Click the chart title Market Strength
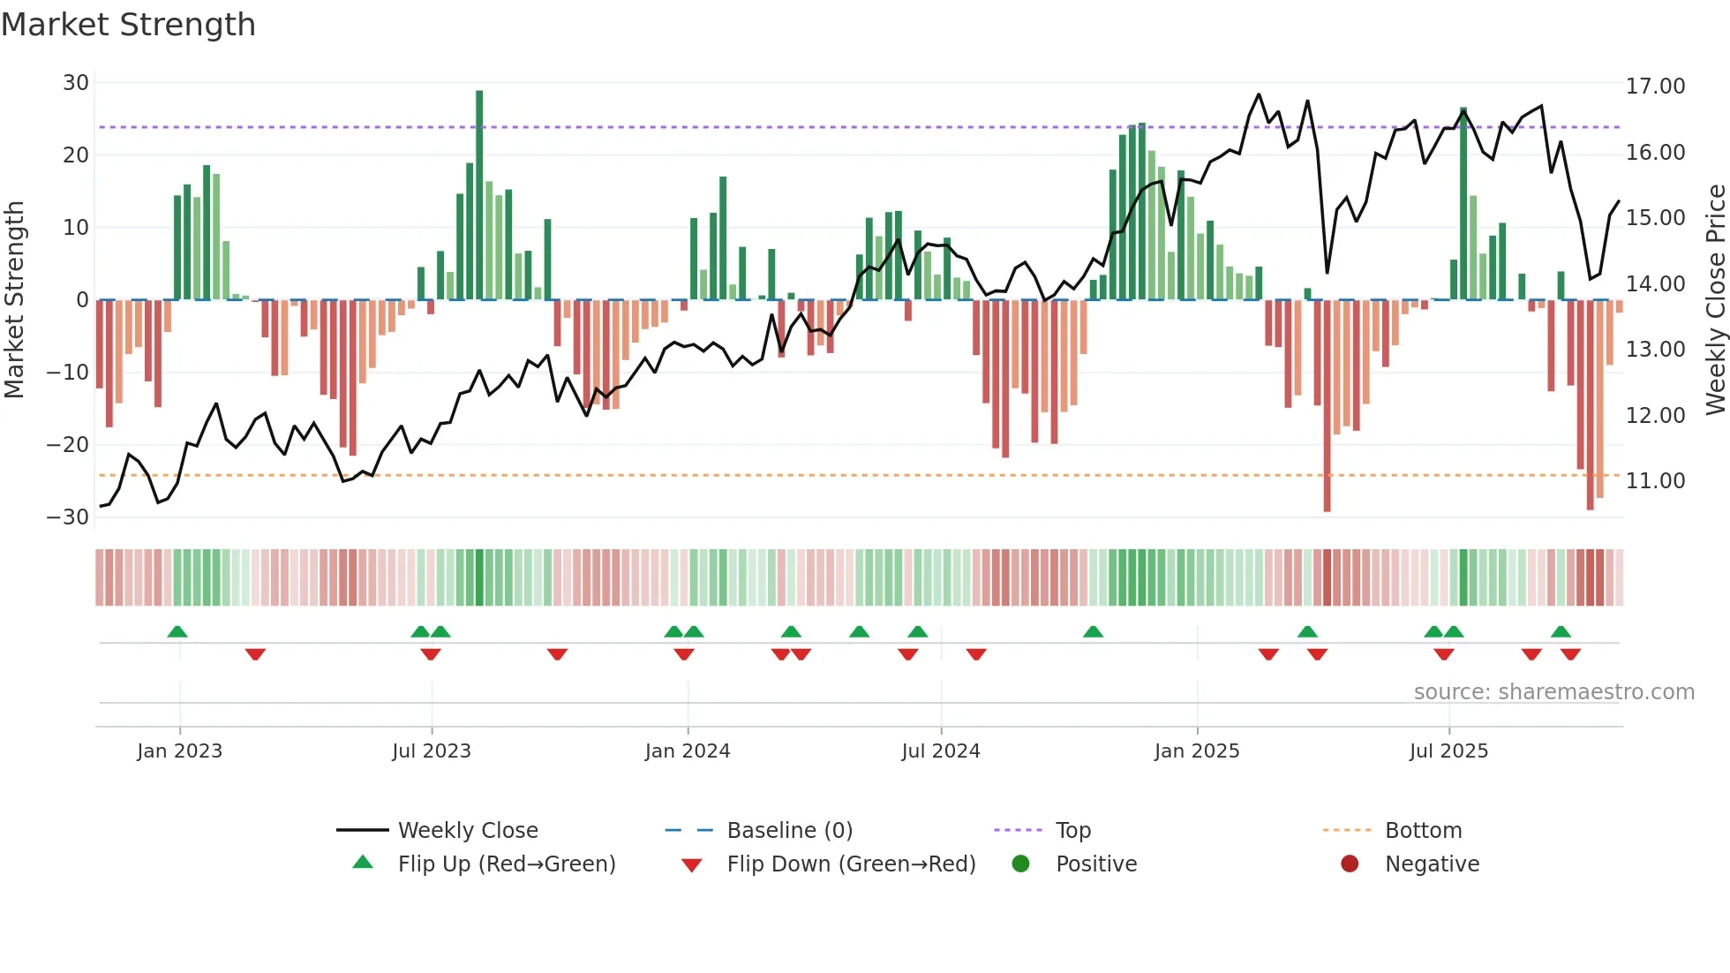(x=128, y=25)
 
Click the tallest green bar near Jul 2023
(x=479, y=194)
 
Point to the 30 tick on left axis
(x=76, y=83)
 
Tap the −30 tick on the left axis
(x=69, y=517)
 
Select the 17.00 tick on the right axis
(x=1655, y=87)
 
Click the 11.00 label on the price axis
(x=1655, y=481)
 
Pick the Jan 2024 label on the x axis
(x=688, y=751)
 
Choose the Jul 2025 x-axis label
(x=1448, y=751)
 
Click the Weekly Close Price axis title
(x=1715, y=299)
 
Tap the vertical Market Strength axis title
(x=15, y=299)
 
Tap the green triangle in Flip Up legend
(x=363, y=863)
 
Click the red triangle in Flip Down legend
(x=692, y=865)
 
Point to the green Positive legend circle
(x=1021, y=864)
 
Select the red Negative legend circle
(x=1350, y=864)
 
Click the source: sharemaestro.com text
(x=1553, y=692)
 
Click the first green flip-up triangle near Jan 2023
(x=177, y=631)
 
